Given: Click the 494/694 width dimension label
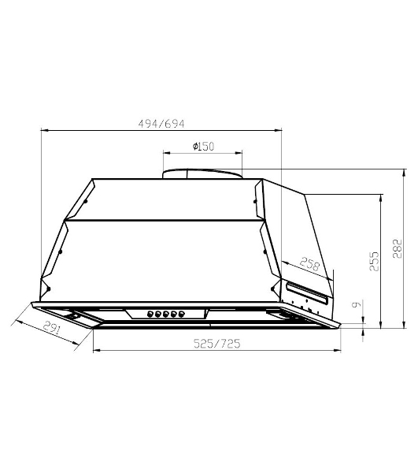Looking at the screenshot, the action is point(161,124).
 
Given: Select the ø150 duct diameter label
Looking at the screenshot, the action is point(203,147).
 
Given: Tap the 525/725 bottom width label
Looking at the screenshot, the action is point(216,344).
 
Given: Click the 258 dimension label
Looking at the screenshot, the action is point(309,264).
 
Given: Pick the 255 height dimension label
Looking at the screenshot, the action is point(374,261).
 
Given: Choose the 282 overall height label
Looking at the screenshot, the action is point(398,248).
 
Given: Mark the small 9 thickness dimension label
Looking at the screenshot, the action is point(357,304).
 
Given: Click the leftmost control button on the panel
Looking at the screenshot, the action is point(150,315).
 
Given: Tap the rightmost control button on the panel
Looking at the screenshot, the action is point(181,315).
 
